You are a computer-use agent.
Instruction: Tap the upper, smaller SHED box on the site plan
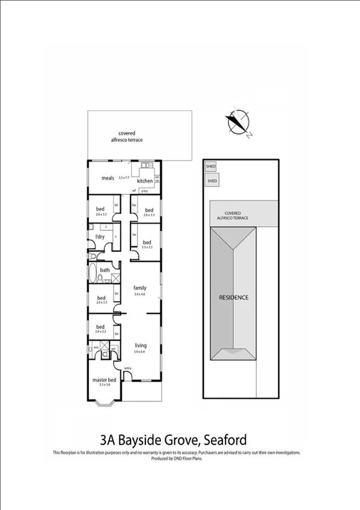click(x=210, y=166)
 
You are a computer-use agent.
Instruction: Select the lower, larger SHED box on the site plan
click(x=212, y=180)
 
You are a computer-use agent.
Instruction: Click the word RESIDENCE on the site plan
click(x=233, y=297)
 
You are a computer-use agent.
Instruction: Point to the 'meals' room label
click(x=108, y=178)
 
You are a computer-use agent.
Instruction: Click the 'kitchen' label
click(x=145, y=181)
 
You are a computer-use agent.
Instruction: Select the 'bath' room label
click(x=105, y=270)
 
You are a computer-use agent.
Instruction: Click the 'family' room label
click(x=139, y=288)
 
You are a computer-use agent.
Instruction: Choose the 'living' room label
click(x=141, y=345)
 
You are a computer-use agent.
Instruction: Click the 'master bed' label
click(x=103, y=379)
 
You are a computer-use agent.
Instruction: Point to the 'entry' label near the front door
click(x=127, y=368)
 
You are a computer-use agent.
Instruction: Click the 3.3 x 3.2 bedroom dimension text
click(x=147, y=247)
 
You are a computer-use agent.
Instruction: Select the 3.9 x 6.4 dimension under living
click(x=140, y=352)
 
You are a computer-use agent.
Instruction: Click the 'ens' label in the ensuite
click(x=95, y=347)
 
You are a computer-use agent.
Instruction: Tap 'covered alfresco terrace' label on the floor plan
click(x=126, y=136)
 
